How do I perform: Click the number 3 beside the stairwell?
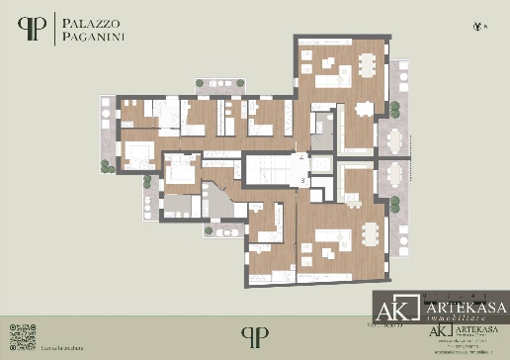301,181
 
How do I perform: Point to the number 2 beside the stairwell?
301,158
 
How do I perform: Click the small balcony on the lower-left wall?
222,229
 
